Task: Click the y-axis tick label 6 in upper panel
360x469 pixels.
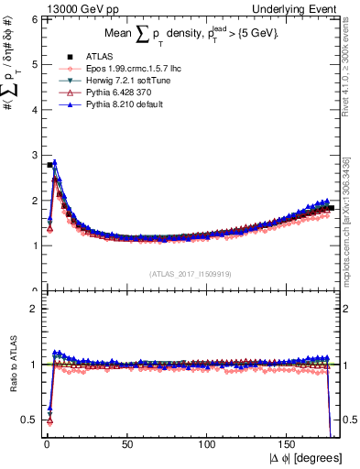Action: coord(33,19)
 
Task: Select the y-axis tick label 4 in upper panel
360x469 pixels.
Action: coord(33,110)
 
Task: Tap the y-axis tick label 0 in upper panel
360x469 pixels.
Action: coord(33,290)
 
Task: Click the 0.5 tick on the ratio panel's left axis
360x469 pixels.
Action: coord(29,420)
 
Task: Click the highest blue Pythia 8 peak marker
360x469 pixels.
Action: coord(55,163)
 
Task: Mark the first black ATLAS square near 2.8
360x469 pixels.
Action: coord(49,165)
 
